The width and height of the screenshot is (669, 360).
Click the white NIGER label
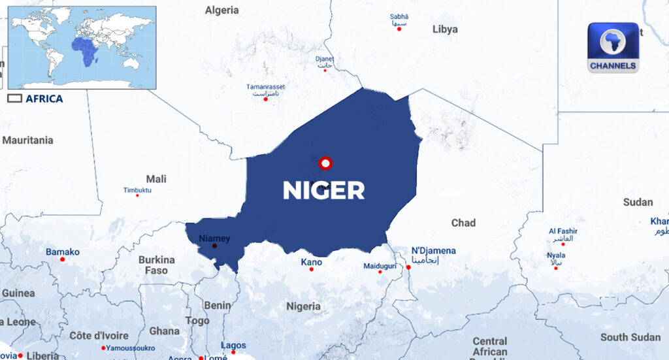point(323,190)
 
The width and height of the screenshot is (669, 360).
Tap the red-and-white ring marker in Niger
point(326,163)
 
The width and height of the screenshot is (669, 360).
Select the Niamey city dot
point(214,246)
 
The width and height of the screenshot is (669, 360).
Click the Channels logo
point(612,48)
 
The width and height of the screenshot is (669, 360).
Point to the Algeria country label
point(222,10)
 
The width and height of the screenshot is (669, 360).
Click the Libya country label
point(445,29)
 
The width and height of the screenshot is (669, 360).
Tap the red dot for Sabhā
point(399,29)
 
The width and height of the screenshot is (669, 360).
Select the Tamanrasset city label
point(266,87)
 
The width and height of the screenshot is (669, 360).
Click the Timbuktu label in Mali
point(137,190)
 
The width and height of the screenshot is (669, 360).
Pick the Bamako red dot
point(63,259)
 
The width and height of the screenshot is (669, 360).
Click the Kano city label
point(311,262)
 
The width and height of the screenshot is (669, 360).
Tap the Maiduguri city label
point(380,266)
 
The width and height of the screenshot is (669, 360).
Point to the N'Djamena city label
point(433,251)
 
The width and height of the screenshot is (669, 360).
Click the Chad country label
point(463,223)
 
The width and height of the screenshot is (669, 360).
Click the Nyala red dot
point(556,268)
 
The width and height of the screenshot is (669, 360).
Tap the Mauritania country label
point(27,140)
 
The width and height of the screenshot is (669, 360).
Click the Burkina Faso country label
point(156,265)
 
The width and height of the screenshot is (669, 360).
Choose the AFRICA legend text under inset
point(44,99)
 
